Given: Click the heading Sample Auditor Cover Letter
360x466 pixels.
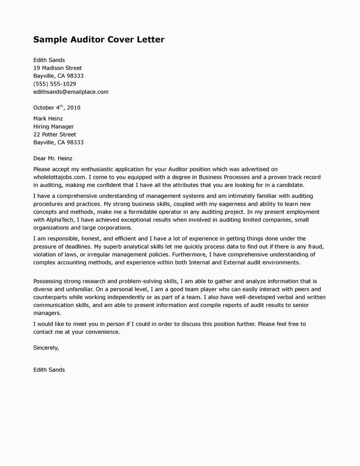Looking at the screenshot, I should tap(99, 39).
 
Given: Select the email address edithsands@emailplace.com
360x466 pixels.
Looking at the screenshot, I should tap(70, 92).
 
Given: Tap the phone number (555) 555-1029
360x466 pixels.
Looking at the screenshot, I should tap(54, 84).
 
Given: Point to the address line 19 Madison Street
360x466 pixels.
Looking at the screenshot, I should tap(57, 68).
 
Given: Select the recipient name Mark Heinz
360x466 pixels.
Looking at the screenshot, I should tap(48, 118).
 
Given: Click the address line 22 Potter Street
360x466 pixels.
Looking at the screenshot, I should tap(54, 134).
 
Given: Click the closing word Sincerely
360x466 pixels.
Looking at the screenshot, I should tap(45, 348).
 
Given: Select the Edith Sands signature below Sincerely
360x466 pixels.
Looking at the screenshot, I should tap(49, 370).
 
